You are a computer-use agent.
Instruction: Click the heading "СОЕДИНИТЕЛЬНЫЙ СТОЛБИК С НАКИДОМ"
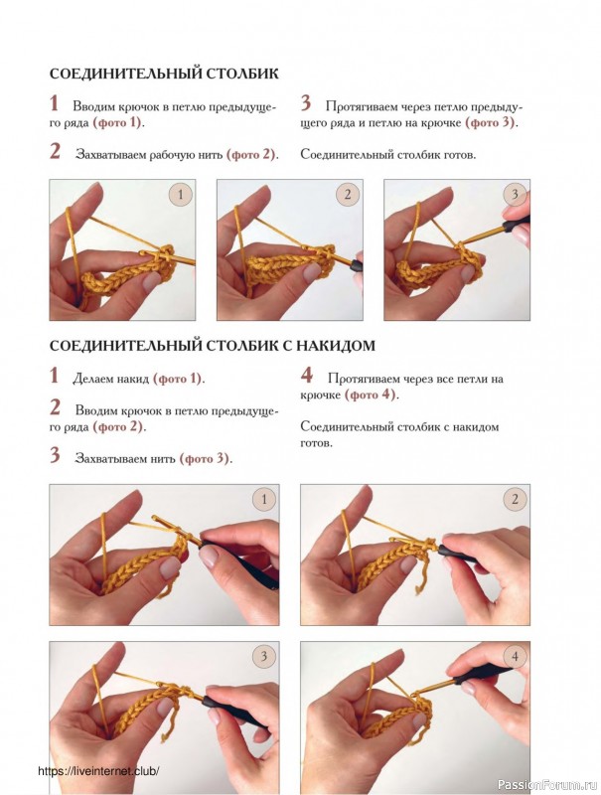click(213, 345)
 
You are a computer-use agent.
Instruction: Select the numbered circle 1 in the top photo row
click(181, 195)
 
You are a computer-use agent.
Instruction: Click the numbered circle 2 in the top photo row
click(348, 195)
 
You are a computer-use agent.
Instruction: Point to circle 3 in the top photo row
click(515, 195)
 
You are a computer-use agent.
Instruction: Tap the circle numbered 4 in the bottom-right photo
click(515, 657)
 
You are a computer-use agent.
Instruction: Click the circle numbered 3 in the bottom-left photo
click(263, 657)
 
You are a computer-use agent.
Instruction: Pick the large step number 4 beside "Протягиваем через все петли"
click(307, 376)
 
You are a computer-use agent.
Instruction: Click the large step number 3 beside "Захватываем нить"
click(55, 455)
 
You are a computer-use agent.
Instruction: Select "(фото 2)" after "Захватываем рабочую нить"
click(251, 155)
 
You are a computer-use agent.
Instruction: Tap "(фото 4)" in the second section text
click(370, 395)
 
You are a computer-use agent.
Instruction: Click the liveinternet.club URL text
click(98, 771)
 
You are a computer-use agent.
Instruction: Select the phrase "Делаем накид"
click(111, 379)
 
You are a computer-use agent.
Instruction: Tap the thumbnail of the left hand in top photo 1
click(151, 280)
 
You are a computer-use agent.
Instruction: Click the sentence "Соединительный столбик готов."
click(388, 155)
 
